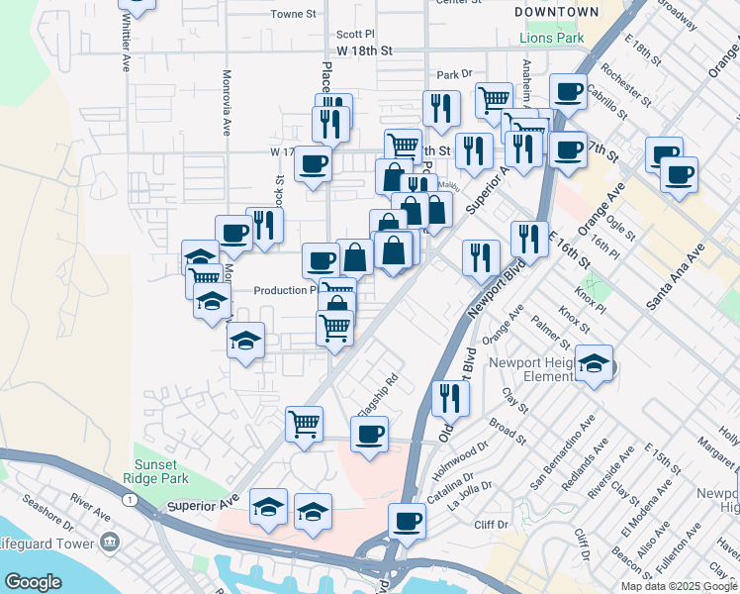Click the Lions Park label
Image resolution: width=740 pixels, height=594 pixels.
click(x=551, y=40)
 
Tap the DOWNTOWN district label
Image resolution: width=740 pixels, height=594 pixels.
click(x=557, y=12)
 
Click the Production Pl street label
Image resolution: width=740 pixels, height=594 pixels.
click(x=284, y=291)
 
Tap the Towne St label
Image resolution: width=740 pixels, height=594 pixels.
click(x=292, y=15)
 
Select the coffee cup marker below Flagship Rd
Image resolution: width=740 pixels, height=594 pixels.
click(x=369, y=435)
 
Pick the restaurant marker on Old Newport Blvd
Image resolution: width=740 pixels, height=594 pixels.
click(x=450, y=398)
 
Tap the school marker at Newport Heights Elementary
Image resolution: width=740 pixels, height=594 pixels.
click(x=594, y=363)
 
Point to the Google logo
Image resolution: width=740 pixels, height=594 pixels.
click(x=33, y=582)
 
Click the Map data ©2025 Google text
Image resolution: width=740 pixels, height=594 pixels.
click(x=680, y=586)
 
